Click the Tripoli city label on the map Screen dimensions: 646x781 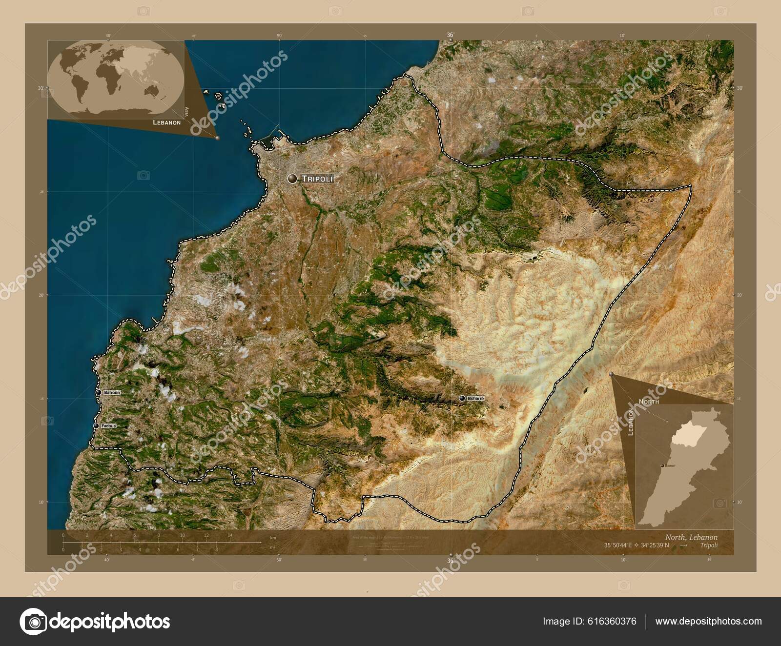click(x=317, y=179)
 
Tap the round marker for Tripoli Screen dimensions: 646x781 click(x=292, y=179)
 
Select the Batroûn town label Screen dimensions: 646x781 click(x=112, y=392)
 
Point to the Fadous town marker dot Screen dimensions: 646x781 click(x=96, y=426)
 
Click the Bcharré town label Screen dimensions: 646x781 click(x=475, y=399)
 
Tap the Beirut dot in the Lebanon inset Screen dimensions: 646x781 click(x=662, y=466)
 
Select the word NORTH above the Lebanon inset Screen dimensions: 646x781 click(x=649, y=402)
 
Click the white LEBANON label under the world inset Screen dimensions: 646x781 click(x=166, y=122)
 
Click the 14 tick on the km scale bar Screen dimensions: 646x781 click(x=230, y=535)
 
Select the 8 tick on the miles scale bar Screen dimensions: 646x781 click(x=216, y=549)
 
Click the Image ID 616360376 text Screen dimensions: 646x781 click(x=589, y=621)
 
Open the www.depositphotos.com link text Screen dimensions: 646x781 click(x=708, y=621)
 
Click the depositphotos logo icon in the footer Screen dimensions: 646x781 click(x=33, y=622)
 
